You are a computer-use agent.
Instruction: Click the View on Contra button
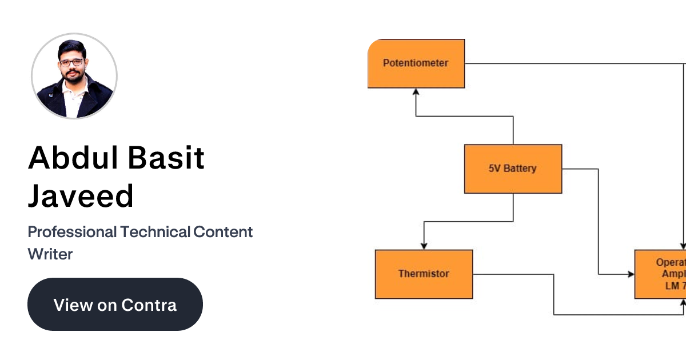tap(115, 304)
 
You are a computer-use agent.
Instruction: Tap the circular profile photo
tap(74, 76)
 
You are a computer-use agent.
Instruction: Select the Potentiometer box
tap(416, 63)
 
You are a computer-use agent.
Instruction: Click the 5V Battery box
tap(513, 169)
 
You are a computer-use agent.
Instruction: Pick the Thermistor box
tap(424, 274)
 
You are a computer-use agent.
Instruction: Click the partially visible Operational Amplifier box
tap(660, 274)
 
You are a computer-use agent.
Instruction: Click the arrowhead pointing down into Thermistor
tap(424, 246)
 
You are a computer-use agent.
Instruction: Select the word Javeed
tap(81, 196)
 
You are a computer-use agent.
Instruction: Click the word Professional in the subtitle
tap(72, 232)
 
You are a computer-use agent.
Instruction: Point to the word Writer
tap(50, 254)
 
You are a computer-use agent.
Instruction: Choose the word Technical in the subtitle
tap(155, 232)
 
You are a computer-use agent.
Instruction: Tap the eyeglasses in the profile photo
tap(72, 62)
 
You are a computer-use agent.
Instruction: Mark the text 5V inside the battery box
tap(495, 169)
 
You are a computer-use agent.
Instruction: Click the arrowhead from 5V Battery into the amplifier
tap(631, 274)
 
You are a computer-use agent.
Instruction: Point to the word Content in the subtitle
tap(223, 232)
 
